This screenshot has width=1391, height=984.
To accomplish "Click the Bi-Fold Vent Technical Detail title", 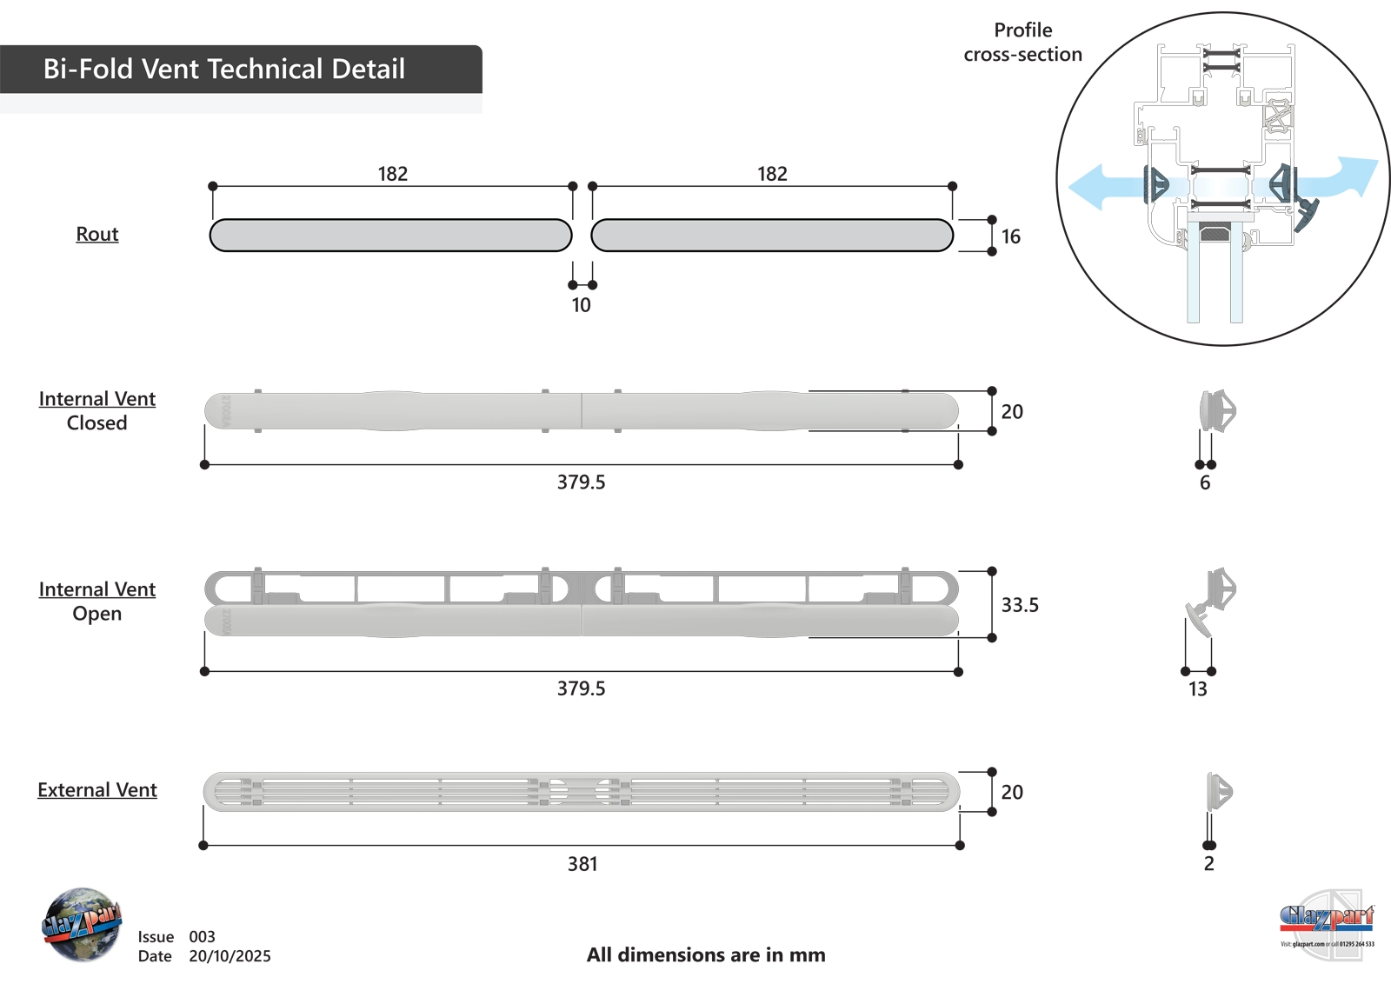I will point(224,69).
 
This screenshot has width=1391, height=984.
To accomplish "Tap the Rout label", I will point(97,234).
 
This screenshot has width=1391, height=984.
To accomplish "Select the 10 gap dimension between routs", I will point(581,305).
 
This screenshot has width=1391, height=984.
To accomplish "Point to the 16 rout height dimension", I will point(1010,236).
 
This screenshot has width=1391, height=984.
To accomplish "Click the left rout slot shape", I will point(390,236).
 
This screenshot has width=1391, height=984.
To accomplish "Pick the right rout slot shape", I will point(772,236).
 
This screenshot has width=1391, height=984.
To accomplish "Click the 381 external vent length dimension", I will point(582,864).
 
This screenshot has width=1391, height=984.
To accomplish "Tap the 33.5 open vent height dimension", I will point(1020,605).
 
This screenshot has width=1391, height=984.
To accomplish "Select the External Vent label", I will point(97,790).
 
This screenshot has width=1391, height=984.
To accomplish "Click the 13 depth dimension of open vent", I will point(1198,689).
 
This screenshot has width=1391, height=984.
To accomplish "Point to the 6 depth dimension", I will point(1205,483).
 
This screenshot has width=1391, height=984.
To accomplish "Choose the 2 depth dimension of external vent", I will point(1208,864).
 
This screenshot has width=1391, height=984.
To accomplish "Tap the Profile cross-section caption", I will point(1023,43).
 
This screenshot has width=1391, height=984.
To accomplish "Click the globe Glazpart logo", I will point(81,924).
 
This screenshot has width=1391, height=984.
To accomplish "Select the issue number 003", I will point(202,937).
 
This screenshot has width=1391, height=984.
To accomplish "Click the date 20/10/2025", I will point(230,956).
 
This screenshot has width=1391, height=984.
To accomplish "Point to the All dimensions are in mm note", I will point(706,955).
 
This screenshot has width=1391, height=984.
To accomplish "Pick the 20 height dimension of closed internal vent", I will point(1012,412).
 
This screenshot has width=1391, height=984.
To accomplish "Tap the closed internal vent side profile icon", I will point(1217,411).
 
